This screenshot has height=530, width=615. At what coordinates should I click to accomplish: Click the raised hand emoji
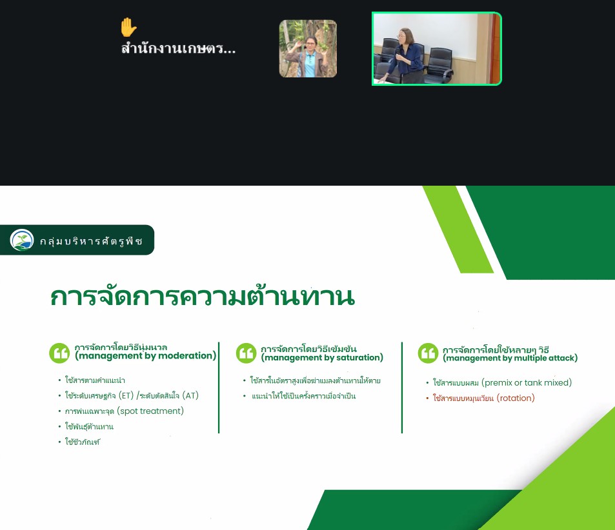coord(128,27)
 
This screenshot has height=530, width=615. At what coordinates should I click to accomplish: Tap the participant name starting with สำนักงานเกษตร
coord(179,48)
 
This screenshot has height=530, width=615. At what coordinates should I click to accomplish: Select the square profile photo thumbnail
coord(308,48)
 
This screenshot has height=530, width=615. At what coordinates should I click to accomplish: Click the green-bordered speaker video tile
coord(436,48)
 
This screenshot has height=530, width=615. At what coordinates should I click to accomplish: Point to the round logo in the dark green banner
coord(22,240)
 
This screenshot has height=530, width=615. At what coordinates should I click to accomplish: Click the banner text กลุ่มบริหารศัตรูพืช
coord(91,240)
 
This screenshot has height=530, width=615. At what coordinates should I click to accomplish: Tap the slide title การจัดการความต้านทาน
coord(203,297)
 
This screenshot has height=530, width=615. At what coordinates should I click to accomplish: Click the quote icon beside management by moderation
coord(59,353)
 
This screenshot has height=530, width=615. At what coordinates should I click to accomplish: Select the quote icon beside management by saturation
coord(247,353)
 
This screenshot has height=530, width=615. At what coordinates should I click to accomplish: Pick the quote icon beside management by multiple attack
coord(428,353)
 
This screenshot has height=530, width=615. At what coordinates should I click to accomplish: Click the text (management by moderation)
coord(146,355)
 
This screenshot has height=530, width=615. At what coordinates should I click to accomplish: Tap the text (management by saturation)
coord(323,357)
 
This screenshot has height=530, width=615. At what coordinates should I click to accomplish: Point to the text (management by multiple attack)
coord(510,358)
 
